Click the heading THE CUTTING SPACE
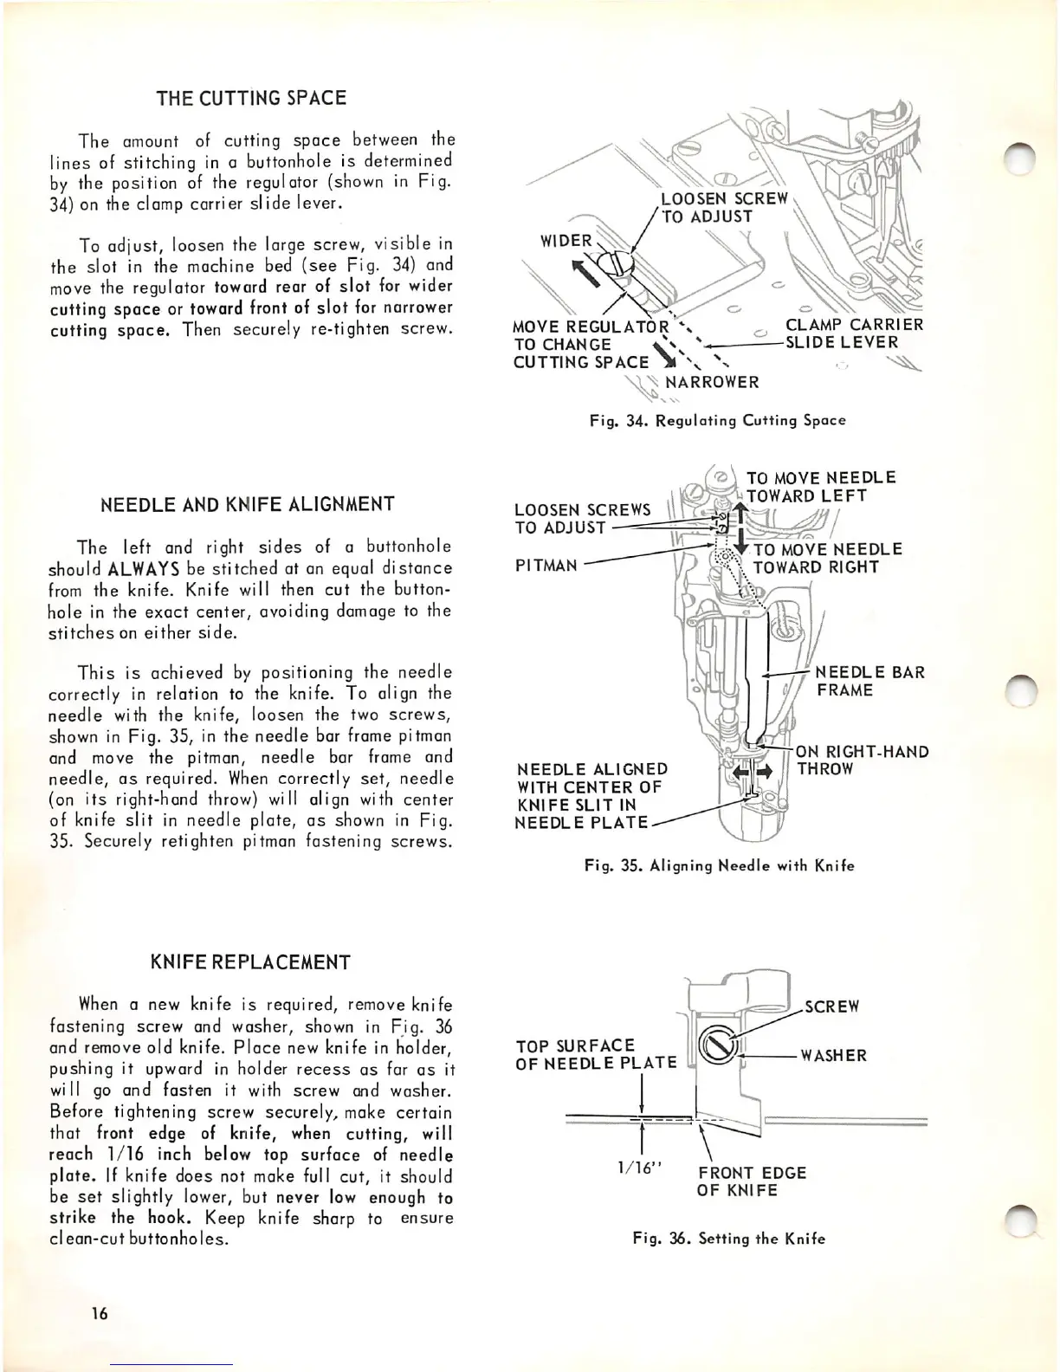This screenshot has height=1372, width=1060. (251, 98)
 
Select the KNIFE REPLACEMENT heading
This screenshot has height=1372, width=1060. (251, 962)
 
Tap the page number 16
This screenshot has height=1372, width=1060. (100, 1313)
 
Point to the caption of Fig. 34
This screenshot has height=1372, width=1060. (716, 421)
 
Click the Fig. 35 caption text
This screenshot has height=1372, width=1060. (718, 865)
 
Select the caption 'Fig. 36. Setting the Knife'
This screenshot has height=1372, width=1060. (728, 1239)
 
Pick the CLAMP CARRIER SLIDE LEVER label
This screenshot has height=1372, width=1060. (853, 333)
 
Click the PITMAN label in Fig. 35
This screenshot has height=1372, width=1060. (546, 566)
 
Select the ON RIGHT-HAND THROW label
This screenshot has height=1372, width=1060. (861, 760)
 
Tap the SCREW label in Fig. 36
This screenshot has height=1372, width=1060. (832, 1006)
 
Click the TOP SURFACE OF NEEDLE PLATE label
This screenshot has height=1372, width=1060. (596, 1053)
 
